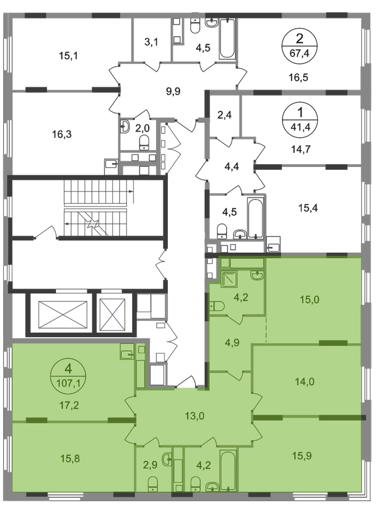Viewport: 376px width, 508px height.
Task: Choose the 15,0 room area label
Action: click(x=309, y=300)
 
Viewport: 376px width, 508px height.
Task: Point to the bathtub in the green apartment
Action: click(x=228, y=470)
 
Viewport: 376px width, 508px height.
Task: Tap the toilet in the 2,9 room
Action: click(x=152, y=486)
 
